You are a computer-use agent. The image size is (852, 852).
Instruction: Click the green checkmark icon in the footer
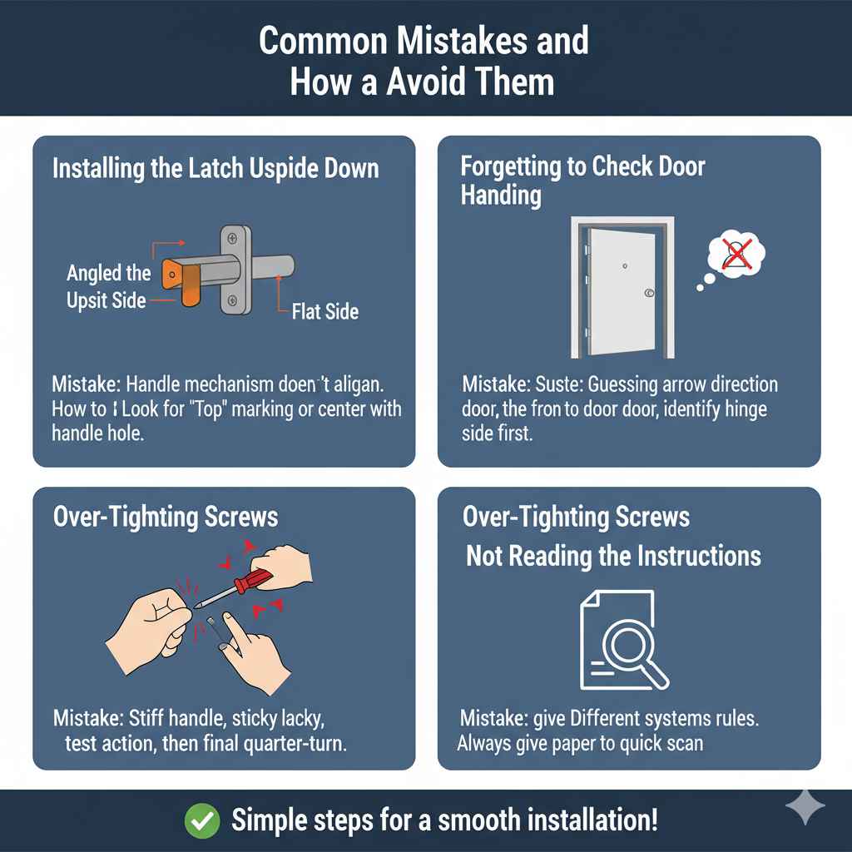click(202, 820)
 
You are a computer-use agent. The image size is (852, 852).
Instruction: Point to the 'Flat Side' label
click(325, 312)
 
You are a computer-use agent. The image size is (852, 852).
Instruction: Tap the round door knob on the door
click(649, 293)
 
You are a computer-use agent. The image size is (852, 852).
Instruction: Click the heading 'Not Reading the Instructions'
click(613, 556)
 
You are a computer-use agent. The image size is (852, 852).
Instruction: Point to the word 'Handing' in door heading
click(501, 196)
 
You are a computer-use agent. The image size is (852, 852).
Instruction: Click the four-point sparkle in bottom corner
click(806, 806)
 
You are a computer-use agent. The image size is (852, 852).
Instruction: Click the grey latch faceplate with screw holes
click(234, 270)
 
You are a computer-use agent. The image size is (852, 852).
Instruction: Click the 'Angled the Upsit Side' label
click(108, 285)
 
